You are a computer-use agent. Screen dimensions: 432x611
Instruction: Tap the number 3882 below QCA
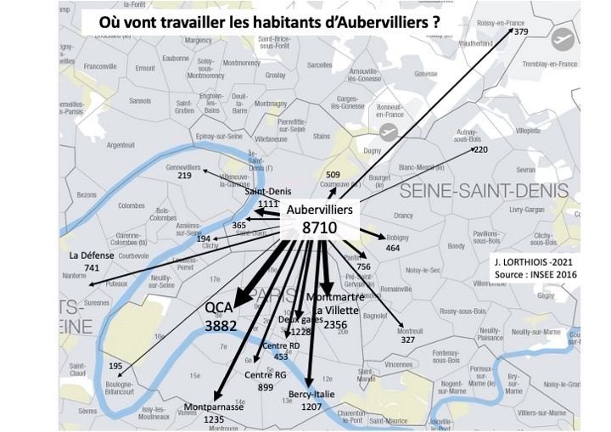220,325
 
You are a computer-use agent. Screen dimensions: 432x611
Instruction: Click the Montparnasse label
214,407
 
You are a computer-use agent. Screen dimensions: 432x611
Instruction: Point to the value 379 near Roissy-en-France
521,32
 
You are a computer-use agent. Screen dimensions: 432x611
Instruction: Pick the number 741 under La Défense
92,268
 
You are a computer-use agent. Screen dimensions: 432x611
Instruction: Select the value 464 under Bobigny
392,248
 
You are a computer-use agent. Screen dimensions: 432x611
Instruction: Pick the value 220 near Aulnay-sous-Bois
481,149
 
